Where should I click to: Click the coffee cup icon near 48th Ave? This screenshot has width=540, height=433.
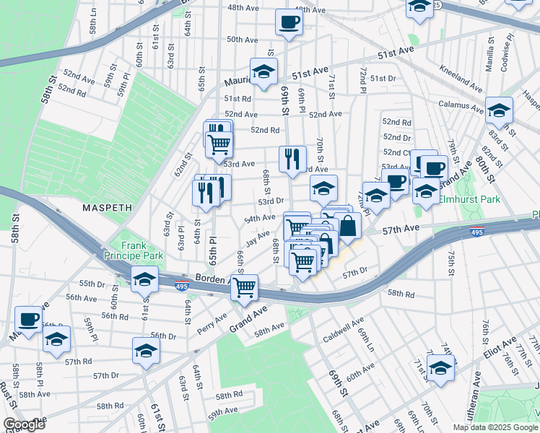[x=289, y=22]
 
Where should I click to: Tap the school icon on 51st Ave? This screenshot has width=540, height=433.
[x=264, y=72]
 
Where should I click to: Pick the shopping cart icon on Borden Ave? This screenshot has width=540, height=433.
[x=245, y=287]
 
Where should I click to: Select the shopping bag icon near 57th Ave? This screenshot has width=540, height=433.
[x=347, y=226]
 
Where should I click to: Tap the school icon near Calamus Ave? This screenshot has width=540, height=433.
[x=499, y=111]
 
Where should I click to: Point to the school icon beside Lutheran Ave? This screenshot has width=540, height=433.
[x=440, y=368]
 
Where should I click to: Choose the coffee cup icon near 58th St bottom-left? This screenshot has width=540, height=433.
[x=29, y=318]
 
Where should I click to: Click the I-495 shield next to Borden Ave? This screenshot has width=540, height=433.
[x=182, y=287]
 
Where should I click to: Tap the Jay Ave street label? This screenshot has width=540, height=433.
[x=257, y=237]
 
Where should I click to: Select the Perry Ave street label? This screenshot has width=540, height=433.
[x=212, y=324]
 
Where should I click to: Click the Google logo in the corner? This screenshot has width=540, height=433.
[x=24, y=424]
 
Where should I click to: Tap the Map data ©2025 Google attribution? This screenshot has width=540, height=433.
[x=495, y=427]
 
